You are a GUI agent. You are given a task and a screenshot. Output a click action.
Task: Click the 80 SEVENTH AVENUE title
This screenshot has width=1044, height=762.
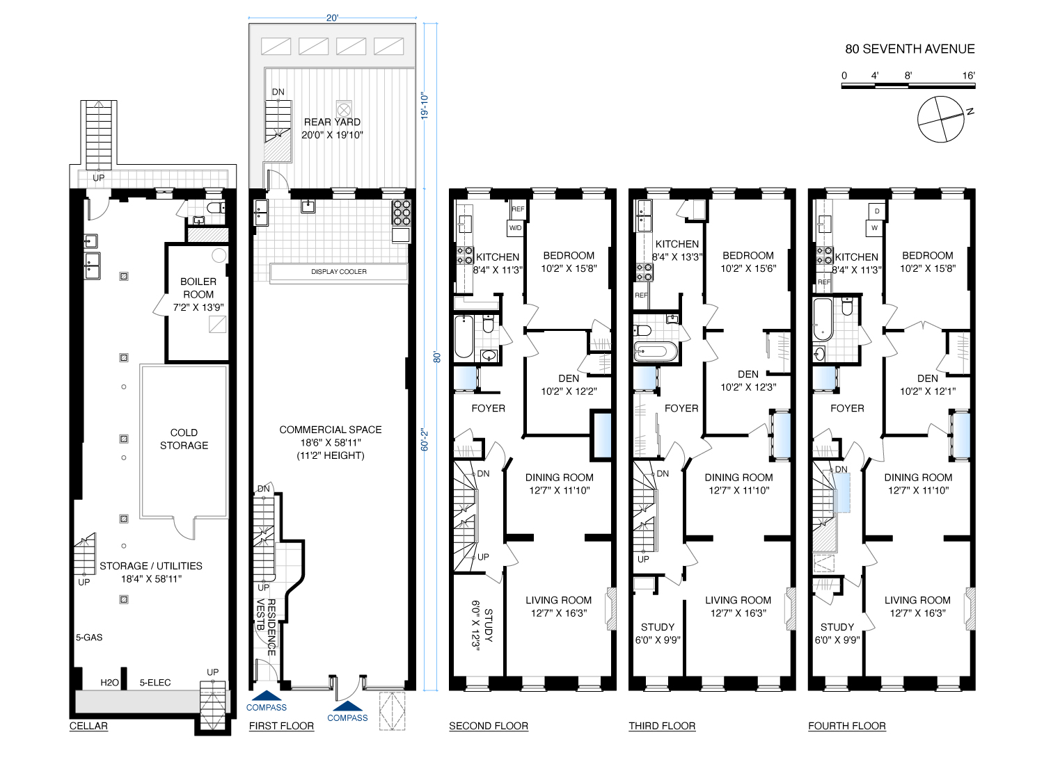[910, 49]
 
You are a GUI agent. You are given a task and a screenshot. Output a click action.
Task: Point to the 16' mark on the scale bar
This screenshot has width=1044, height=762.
[969, 75]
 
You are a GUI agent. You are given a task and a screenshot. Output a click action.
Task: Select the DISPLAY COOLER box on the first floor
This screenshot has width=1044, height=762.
[339, 271]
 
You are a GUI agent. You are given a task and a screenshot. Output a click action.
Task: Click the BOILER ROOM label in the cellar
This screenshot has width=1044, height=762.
[198, 288]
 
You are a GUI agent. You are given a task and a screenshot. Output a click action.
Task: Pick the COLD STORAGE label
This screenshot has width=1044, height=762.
[184, 439]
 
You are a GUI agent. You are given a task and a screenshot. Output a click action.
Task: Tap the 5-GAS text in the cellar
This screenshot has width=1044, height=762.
[89, 638]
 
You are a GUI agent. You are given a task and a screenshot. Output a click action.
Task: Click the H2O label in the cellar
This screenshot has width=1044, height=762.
[109, 683]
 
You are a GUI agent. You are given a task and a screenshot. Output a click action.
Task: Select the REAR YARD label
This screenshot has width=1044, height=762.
[332, 122]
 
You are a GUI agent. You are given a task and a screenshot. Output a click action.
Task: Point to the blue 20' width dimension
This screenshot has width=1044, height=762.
[332, 18]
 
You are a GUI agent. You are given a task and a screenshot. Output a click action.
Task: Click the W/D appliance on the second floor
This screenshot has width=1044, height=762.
[515, 228]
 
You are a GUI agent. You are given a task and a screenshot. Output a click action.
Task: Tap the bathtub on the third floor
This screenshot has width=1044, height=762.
[655, 351]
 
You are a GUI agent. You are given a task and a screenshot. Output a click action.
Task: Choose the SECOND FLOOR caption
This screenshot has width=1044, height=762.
[489, 726]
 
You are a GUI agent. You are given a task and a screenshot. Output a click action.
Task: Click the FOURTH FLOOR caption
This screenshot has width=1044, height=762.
[847, 726]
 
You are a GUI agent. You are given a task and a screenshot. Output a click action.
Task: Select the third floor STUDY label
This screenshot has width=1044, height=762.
[657, 627]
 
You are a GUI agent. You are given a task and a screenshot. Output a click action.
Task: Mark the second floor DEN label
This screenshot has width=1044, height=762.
[569, 378]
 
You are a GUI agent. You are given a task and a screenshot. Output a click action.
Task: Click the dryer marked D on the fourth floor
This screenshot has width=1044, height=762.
[877, 211]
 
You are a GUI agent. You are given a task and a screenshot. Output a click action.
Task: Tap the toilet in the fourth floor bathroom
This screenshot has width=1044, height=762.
[847, 307]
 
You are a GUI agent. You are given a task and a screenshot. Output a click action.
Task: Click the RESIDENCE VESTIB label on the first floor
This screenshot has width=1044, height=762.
[266, 628]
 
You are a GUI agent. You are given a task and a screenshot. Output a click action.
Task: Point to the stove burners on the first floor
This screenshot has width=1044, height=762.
[402, 213]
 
